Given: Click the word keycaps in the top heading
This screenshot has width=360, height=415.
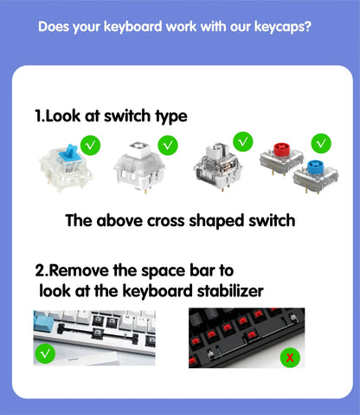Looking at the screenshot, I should point(280,27).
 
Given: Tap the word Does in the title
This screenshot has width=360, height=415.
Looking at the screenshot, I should point(55,27).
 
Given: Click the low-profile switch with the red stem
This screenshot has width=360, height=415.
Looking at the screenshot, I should point(280,156).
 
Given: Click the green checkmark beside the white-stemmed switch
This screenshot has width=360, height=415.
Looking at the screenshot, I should point(168,144).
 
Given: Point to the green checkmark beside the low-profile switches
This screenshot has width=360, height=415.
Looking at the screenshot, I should point(321,140).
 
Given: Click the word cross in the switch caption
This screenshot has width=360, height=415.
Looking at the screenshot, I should point(166,220).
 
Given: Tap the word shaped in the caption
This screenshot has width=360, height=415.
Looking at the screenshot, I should point(217,220).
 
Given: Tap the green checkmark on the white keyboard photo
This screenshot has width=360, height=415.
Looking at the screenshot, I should point(46,353).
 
